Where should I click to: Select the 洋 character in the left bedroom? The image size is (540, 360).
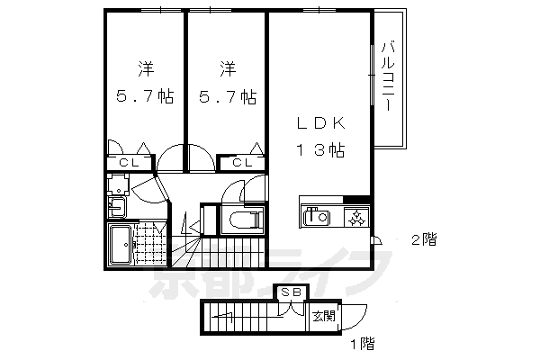[144, 68]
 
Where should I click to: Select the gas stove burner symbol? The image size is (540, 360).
[356, 217]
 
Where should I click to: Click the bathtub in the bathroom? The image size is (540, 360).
[121, 245]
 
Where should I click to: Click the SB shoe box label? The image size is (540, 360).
[291, 292]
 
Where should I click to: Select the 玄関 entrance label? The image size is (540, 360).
[323, 316]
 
